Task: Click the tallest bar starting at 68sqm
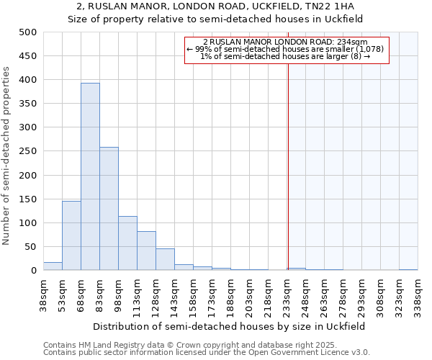[90, 176]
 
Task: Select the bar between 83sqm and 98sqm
[109, 209]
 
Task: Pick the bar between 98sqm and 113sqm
[127, 243]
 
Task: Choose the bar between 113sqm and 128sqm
[146, 251]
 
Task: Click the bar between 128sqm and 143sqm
[165, 259]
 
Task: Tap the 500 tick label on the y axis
[28, 32]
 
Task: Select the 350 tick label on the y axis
[28, 104]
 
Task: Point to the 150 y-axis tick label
[28, 199]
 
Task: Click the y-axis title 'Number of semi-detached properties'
[7, 156]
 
